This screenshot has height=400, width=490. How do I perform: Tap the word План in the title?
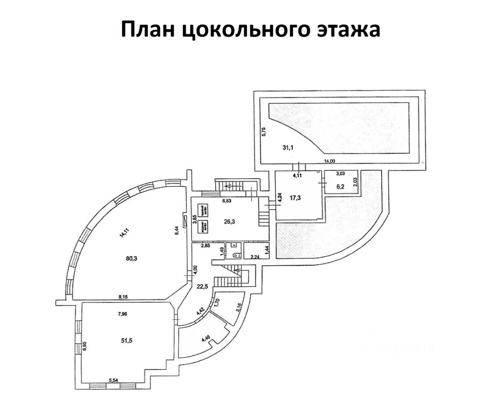click(x=147, y=29)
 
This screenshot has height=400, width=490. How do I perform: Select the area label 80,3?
click(x=131, y=258)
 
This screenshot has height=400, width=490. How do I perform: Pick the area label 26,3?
click(x=230, y=220)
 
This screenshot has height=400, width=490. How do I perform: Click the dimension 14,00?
click(x=329, y=161)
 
